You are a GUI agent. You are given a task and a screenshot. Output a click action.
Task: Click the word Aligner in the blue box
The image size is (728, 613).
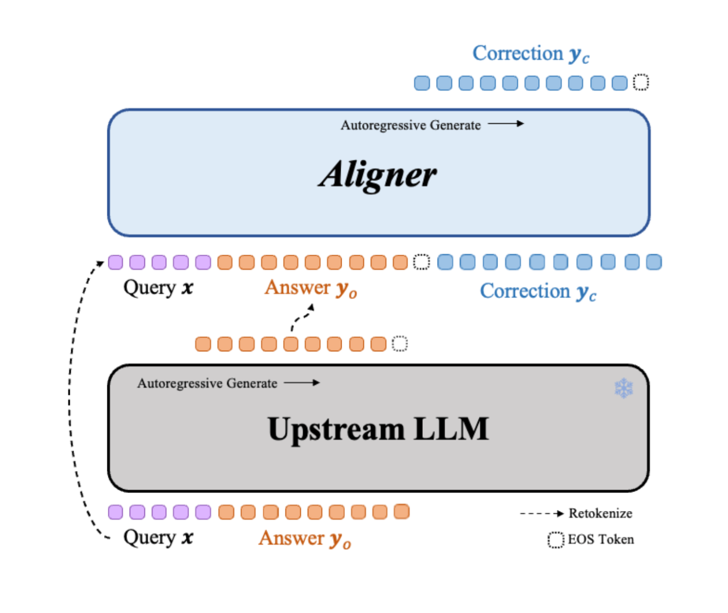coord(378,175)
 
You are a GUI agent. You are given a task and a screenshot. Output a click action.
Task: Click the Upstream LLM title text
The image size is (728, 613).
coord(378,430)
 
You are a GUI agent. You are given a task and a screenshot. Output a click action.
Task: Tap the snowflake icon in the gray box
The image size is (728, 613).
coord(623,388)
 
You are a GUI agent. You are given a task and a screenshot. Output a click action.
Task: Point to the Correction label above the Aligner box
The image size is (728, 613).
coord(531,54)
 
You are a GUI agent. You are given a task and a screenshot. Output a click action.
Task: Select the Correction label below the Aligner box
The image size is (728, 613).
coord(538,292)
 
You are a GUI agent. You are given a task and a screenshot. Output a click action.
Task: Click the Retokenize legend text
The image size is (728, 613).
coord(600,513)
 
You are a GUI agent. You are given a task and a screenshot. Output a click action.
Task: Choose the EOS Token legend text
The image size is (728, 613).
coord(600,539)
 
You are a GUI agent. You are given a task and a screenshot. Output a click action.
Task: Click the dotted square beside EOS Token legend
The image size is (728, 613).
coord(555,540)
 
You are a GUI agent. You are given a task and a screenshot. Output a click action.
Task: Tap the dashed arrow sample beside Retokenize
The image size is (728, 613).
coord(542,514)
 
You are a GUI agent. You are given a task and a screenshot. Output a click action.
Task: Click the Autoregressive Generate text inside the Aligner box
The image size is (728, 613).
coord(411,125)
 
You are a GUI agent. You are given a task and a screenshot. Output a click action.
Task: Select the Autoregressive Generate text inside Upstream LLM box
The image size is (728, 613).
coord(207,383)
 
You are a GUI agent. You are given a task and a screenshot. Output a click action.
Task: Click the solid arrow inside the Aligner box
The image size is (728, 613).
coord(506,123)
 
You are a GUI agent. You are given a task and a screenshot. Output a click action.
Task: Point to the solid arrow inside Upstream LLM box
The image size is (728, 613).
coord(301,383)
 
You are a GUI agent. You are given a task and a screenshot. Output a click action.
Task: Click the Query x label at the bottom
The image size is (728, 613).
coord(158,538)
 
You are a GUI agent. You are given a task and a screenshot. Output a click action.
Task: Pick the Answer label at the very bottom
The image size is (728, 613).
coord(305,539)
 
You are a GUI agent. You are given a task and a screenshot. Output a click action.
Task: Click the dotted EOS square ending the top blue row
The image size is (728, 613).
coord(641,82)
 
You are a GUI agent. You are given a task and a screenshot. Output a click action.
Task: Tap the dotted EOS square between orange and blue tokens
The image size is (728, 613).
coord(422,262)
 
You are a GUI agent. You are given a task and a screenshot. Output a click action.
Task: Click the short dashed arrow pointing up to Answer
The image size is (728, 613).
coord(302,317)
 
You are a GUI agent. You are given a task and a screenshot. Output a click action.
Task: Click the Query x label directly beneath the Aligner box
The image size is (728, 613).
coord(158,288)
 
